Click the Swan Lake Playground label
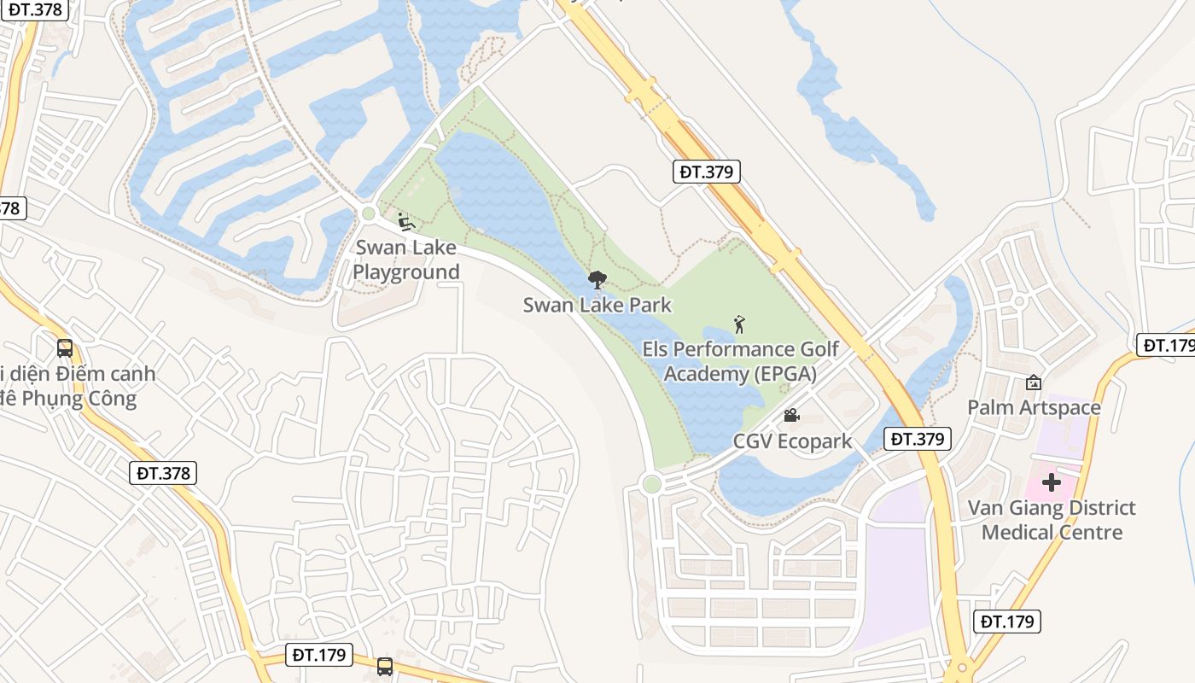406,260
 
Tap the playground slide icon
407,223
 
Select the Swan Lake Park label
597,305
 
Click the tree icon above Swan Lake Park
597,279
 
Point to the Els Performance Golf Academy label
740,361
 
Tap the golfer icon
739,324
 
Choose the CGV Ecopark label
792,441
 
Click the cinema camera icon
791,416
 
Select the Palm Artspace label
1034,407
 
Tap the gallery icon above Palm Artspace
1034,382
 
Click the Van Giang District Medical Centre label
1051,520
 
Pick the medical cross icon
1051,483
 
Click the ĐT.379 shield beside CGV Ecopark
917,439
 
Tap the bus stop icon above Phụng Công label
65,348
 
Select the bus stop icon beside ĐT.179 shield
385,666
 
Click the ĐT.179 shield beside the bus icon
318,655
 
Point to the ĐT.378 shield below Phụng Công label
165,473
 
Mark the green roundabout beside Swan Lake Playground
369,213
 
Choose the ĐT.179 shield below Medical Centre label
1008,622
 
